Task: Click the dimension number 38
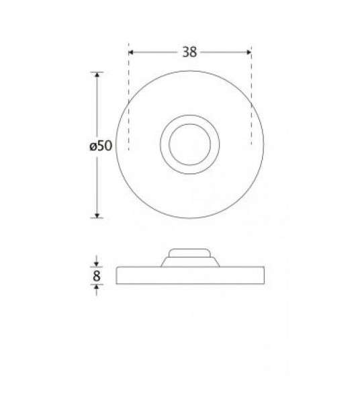coord(189,52)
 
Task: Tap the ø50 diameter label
coord(101,146)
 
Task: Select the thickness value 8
coord(97,276)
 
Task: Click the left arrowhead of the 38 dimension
coord(131,52)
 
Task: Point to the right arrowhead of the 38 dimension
coord(249,52)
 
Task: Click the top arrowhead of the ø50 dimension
coord(97,75)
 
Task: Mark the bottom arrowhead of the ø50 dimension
coord(97,216)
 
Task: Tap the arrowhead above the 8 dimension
coord(97,265)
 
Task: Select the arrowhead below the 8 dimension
coord(97,287)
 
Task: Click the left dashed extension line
coord(129,97)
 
